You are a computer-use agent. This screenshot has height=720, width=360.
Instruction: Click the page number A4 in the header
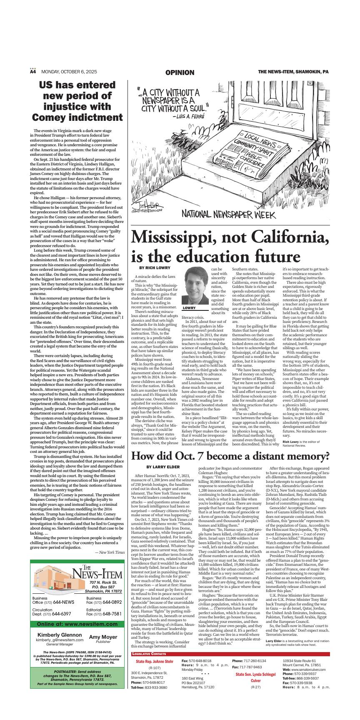33,72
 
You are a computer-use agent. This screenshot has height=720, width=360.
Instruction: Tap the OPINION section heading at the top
180,72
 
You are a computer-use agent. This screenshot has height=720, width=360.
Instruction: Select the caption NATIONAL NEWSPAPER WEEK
228,215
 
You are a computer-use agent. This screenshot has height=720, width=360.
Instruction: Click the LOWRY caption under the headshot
189,308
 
